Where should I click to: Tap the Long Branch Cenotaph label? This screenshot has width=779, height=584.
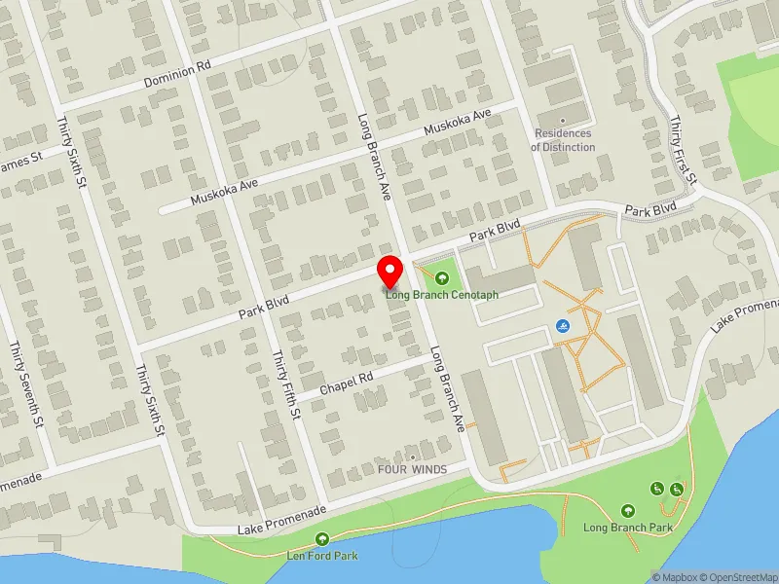(x=441, y=295)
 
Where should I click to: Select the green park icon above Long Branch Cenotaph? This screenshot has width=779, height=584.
(x=445, y=278)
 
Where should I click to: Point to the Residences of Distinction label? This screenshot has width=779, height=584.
(x=563, y=140)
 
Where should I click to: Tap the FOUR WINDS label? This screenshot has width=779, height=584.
(x=413, y=469)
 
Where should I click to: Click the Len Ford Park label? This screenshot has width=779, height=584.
(x=322, y=556)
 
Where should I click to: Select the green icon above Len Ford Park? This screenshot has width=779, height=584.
(x=322, y=539)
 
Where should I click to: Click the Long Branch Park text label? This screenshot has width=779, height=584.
(x=628, y=528)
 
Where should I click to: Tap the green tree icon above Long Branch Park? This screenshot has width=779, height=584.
(x=628, y=510)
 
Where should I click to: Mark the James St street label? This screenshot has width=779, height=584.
(x=21, y=163)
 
